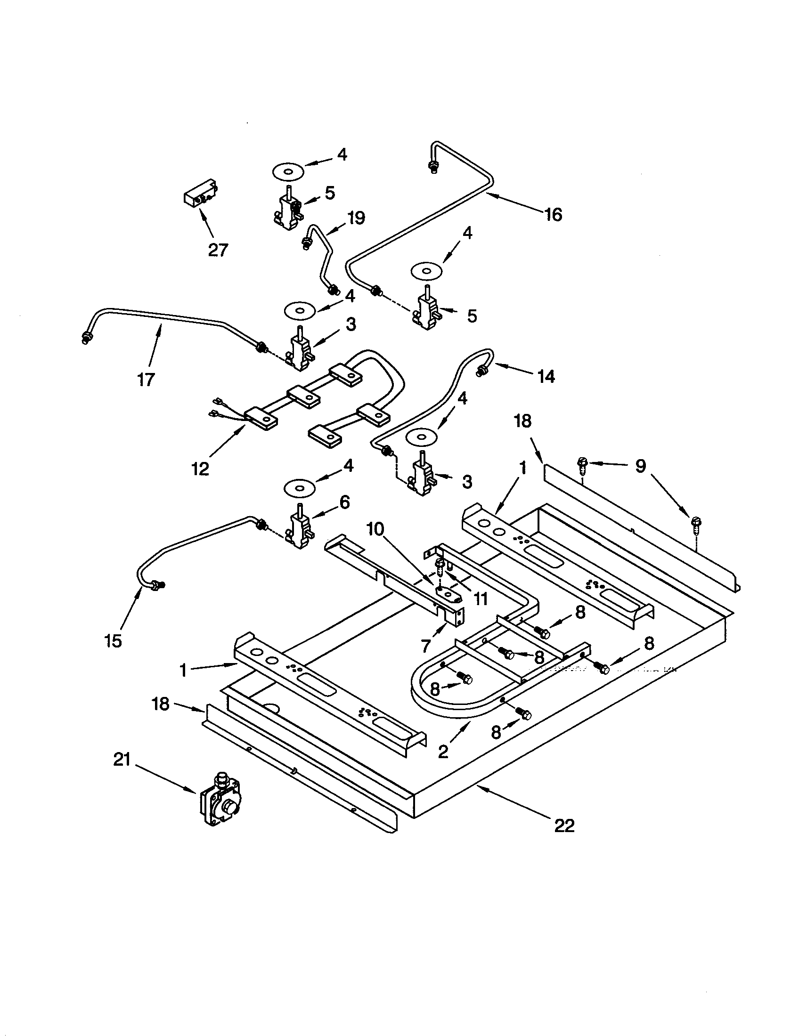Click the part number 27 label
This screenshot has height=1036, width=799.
click(218, 250)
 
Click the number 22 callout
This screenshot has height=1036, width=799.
click(564, 826)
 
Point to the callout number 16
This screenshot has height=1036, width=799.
click(553, 214)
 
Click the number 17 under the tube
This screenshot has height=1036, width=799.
click(146, 379)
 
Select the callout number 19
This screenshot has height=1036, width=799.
click(355, 218)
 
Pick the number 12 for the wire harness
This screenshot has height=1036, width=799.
click(200, 469)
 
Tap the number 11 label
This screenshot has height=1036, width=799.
click(481, 599)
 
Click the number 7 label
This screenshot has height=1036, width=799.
click(425, 645)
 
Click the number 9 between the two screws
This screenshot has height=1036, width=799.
click(641, 466)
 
